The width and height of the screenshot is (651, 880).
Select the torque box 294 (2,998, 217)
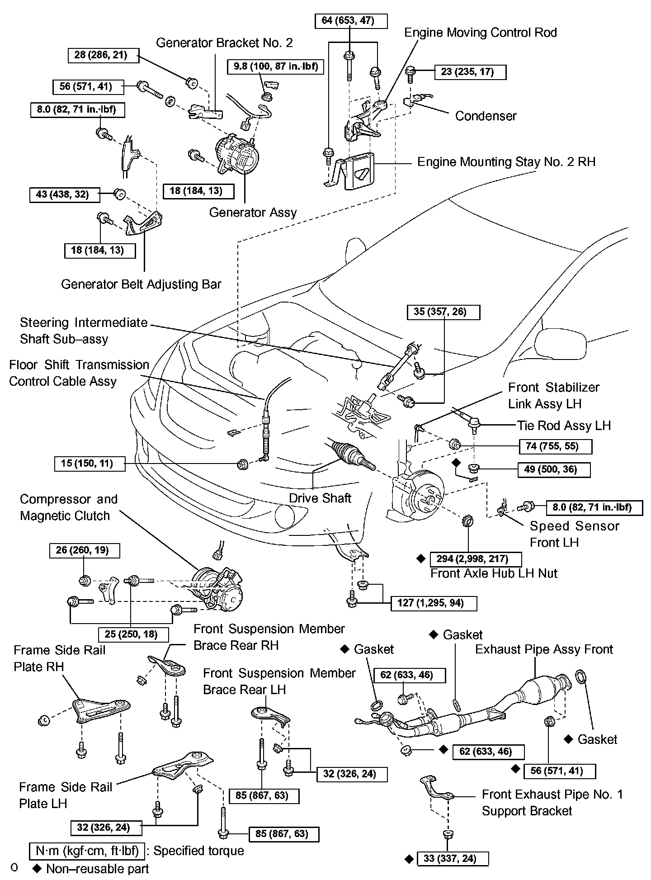click(476, 559)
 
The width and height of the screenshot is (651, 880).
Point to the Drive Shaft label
click(320, 498)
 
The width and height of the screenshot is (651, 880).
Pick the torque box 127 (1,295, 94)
click(434, 603)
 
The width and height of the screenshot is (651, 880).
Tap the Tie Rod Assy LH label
click(564, 426)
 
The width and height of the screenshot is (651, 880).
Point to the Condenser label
click(486, 116)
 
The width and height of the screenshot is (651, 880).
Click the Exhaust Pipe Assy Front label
click(544, 649)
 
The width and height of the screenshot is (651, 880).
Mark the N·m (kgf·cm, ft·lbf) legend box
click(87, 851)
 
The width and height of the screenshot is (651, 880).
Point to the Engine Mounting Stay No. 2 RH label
click(506, 161)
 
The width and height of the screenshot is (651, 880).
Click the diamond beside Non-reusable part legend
click(37, 869)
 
